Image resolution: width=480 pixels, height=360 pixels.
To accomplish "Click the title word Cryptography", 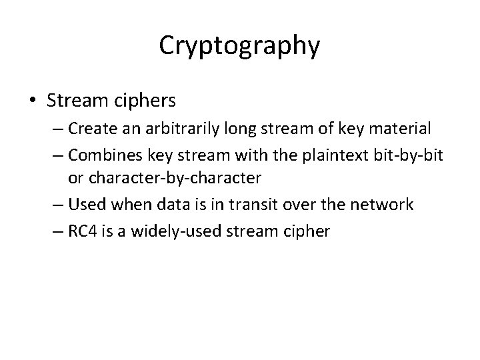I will (240, 46).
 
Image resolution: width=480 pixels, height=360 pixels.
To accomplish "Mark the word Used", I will (83, 205).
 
